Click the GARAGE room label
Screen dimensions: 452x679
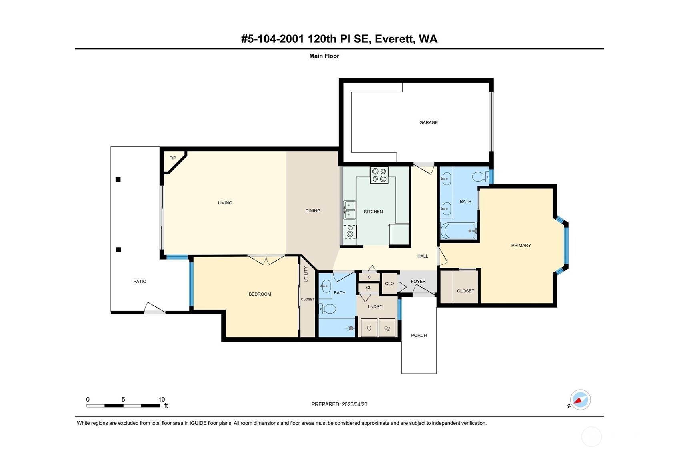[x=428, y=122]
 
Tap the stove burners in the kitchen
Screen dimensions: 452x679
[x=379, y=175]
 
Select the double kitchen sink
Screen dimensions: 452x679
[x=349, y=210]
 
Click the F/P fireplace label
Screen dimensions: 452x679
[x=172, y=158]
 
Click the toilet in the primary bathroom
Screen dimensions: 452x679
[x=480, y=176]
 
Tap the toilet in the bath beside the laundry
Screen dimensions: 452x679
[x=328, y=308]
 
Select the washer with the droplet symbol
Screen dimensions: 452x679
[x=369, y=328]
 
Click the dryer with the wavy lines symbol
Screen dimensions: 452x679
[x=387, y=328]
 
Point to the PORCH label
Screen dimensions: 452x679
[x=419, y=335]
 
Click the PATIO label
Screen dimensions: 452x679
[x=140, y=281]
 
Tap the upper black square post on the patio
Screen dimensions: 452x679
[x=118, y=180]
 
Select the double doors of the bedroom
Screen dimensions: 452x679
[x=266, y=259]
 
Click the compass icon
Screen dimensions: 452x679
[x=580, y=400]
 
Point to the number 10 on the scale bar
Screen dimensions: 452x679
[x=161, y=399]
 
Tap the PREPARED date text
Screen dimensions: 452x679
[x=339, y=404]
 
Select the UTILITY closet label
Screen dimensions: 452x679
[x=306, y=274]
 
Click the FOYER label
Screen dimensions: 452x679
[x=418, y=281]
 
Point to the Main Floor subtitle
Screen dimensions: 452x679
[x=324, y=56]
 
